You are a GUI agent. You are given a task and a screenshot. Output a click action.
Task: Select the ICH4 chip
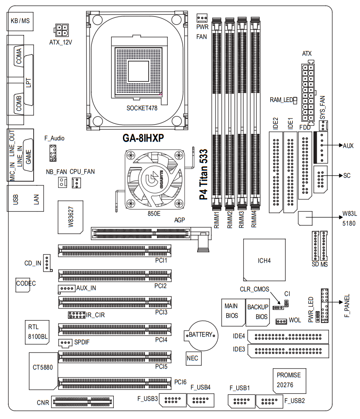(x=264, y=261)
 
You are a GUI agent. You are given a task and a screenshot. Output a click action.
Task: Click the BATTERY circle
(x=201, y=335)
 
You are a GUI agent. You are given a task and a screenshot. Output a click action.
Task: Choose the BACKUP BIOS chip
(x=258, y=311)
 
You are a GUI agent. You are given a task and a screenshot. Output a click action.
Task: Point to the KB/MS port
(x=20, y=20)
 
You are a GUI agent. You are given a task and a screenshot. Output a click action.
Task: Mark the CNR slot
(x=83, y=402)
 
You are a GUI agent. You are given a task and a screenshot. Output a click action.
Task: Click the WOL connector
(x=281, y=321)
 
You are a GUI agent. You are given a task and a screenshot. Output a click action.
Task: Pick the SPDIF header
(x=64, y=343)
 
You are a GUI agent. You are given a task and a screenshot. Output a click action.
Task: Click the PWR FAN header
(x=202, y=18)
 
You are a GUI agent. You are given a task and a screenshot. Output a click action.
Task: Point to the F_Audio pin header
(x=53, y=153)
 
